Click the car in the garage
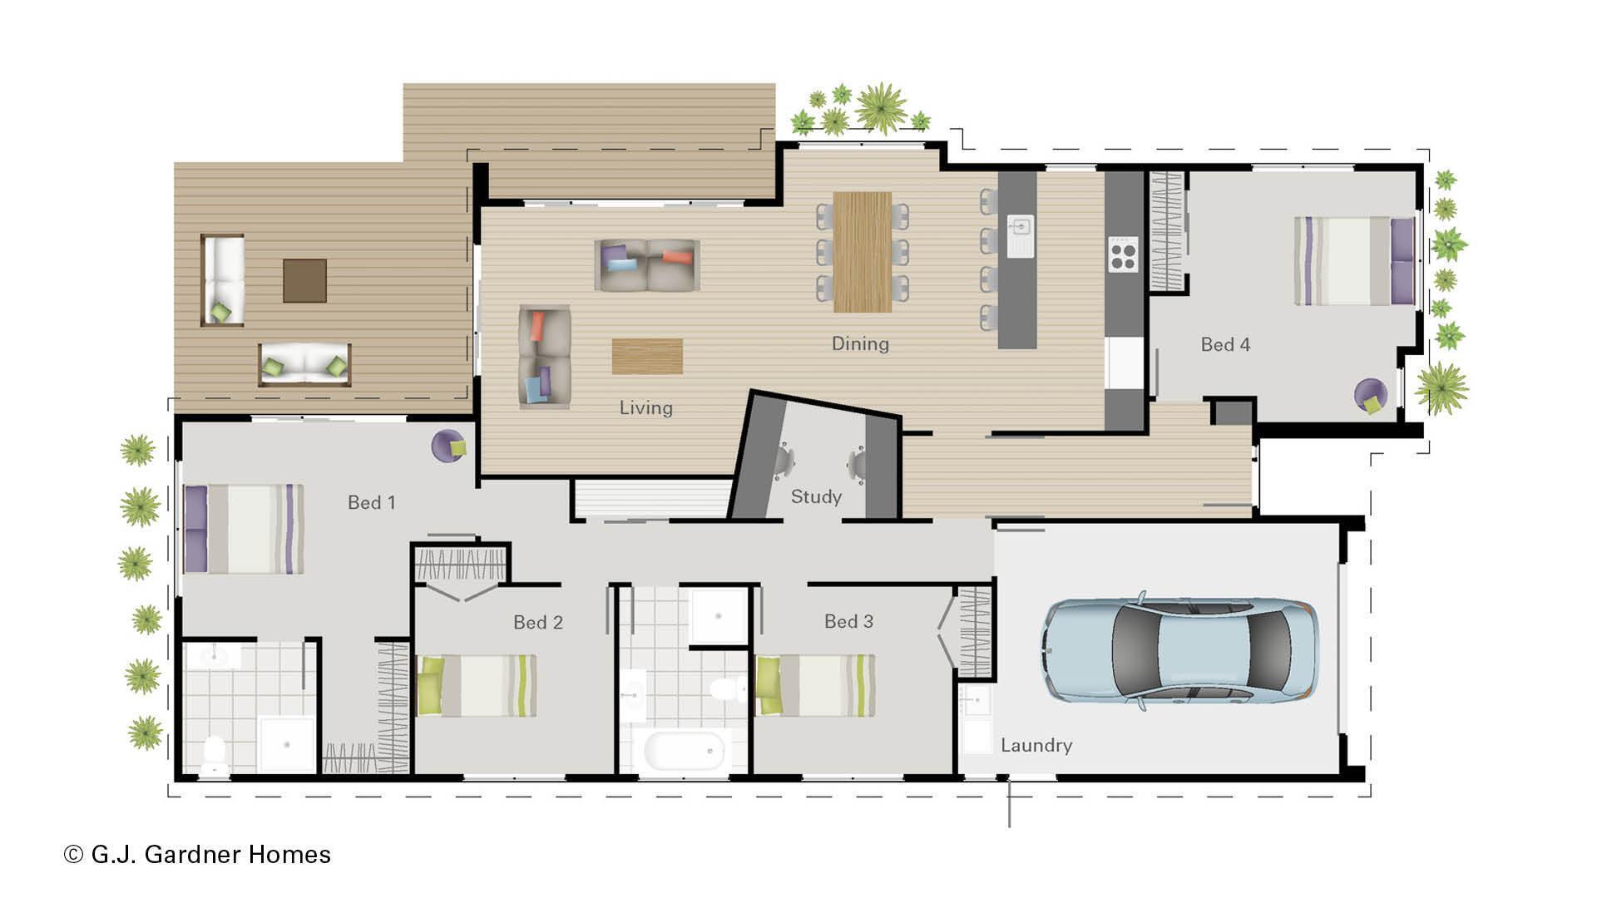coord(1179,650)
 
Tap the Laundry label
coord(1036,745)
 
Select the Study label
coord(816,496)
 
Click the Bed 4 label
coord(1225,344)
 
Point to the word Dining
coord(860,343)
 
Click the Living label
coord(645,407)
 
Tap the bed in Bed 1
coord(244,529)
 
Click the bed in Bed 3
coord(815,685)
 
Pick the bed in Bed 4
coord(1354,260)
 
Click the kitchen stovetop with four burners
coord(1123,254)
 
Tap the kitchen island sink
coord(1021,236)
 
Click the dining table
coord(863,252)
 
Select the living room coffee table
coord(647,356)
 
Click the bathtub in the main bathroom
coord(684,751)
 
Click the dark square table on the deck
coord(304,280)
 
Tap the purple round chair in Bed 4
coord(1370,396)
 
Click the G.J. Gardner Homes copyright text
coord(197,855)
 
